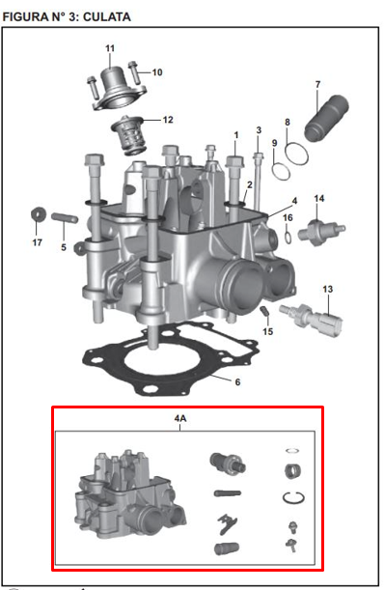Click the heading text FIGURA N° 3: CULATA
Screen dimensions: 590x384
[x=68, y=17]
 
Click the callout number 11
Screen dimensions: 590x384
[x=109, y=48]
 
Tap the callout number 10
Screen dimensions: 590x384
[x=157, y=72]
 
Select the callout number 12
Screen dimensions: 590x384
[x=168, y=121]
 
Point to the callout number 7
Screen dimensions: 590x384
[x=317, y=85]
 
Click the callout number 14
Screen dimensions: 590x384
[x=319, y=198]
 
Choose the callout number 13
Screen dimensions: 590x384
[x=327, y=290]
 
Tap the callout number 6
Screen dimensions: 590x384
[x=238, y=380]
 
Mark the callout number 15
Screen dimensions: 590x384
[x=268, y=331]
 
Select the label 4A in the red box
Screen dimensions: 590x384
[x=178, y=420]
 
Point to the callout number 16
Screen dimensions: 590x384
[x=288, y=218]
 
